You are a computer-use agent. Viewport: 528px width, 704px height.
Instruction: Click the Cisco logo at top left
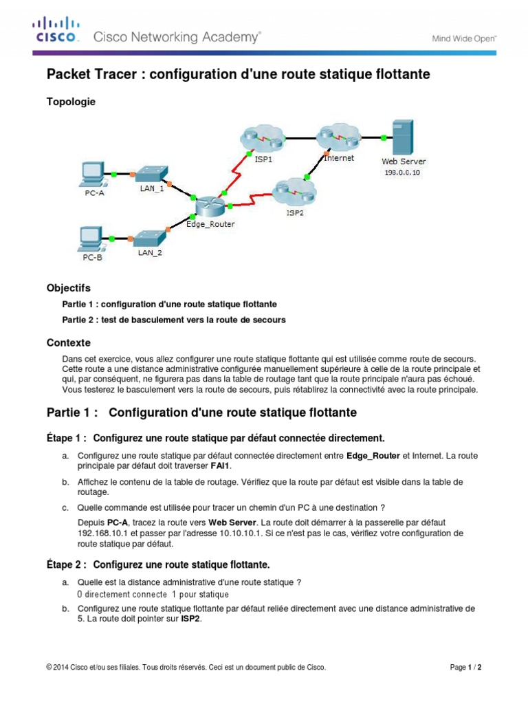[56, 32]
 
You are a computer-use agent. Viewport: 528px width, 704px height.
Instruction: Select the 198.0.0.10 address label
[402, 173]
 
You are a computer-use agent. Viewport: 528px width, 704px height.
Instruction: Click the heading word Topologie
[71, 102]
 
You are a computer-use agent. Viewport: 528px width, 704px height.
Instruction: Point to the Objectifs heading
[68, 288]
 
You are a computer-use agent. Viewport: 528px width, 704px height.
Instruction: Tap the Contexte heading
[68, 342]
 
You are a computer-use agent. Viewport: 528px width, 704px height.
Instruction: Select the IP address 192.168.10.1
[103, 533]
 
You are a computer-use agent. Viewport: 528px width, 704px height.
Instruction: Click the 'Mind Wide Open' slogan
[463, 39]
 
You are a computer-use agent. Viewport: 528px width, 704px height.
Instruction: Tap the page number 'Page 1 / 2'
[465, 667]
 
